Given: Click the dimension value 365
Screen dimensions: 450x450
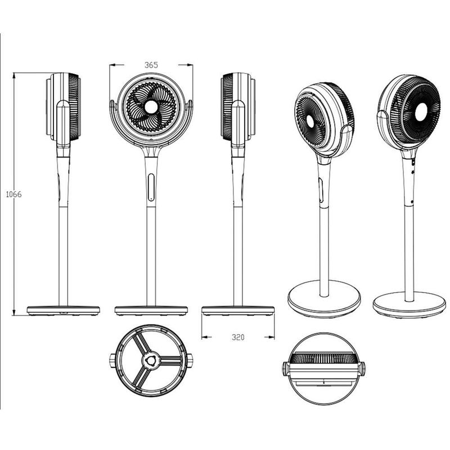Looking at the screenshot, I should coord(151,65).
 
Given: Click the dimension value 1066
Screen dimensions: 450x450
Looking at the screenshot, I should coord(13,194).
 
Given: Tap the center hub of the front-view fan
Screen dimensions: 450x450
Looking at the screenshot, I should coord(151,107).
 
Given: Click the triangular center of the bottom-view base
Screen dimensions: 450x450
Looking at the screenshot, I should coord(150,359).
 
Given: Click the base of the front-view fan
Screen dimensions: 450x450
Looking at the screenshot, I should coord(151,310).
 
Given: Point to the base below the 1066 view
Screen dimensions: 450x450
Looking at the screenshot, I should coord(63,310).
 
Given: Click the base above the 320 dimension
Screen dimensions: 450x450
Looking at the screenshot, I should coord(238,310).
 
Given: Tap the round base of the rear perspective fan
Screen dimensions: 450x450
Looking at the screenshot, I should coord(409,304).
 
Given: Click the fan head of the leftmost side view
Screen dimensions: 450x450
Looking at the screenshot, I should coord(64,107).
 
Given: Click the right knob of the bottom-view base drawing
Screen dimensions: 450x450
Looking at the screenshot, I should coord(190,359).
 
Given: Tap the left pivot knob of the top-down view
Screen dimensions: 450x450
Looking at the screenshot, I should coord(286,369).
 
